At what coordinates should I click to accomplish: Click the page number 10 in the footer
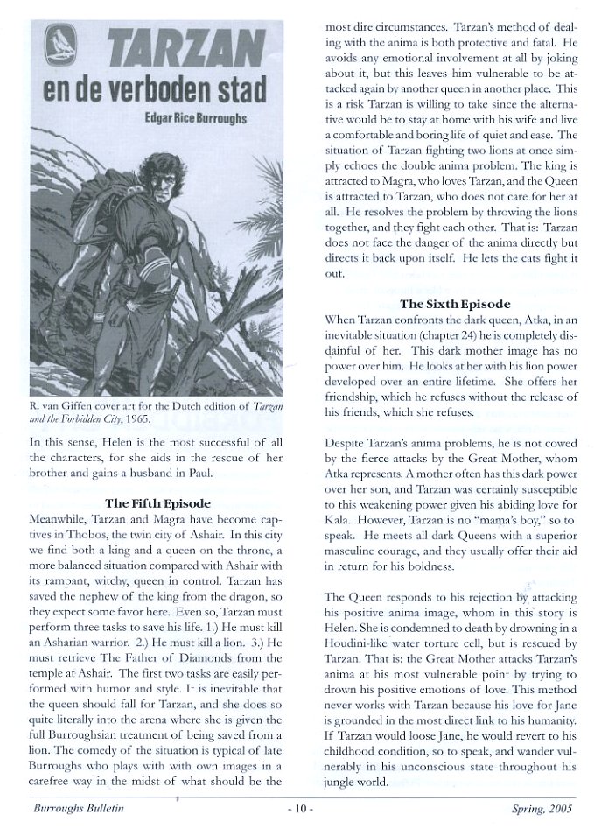[300, 810]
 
